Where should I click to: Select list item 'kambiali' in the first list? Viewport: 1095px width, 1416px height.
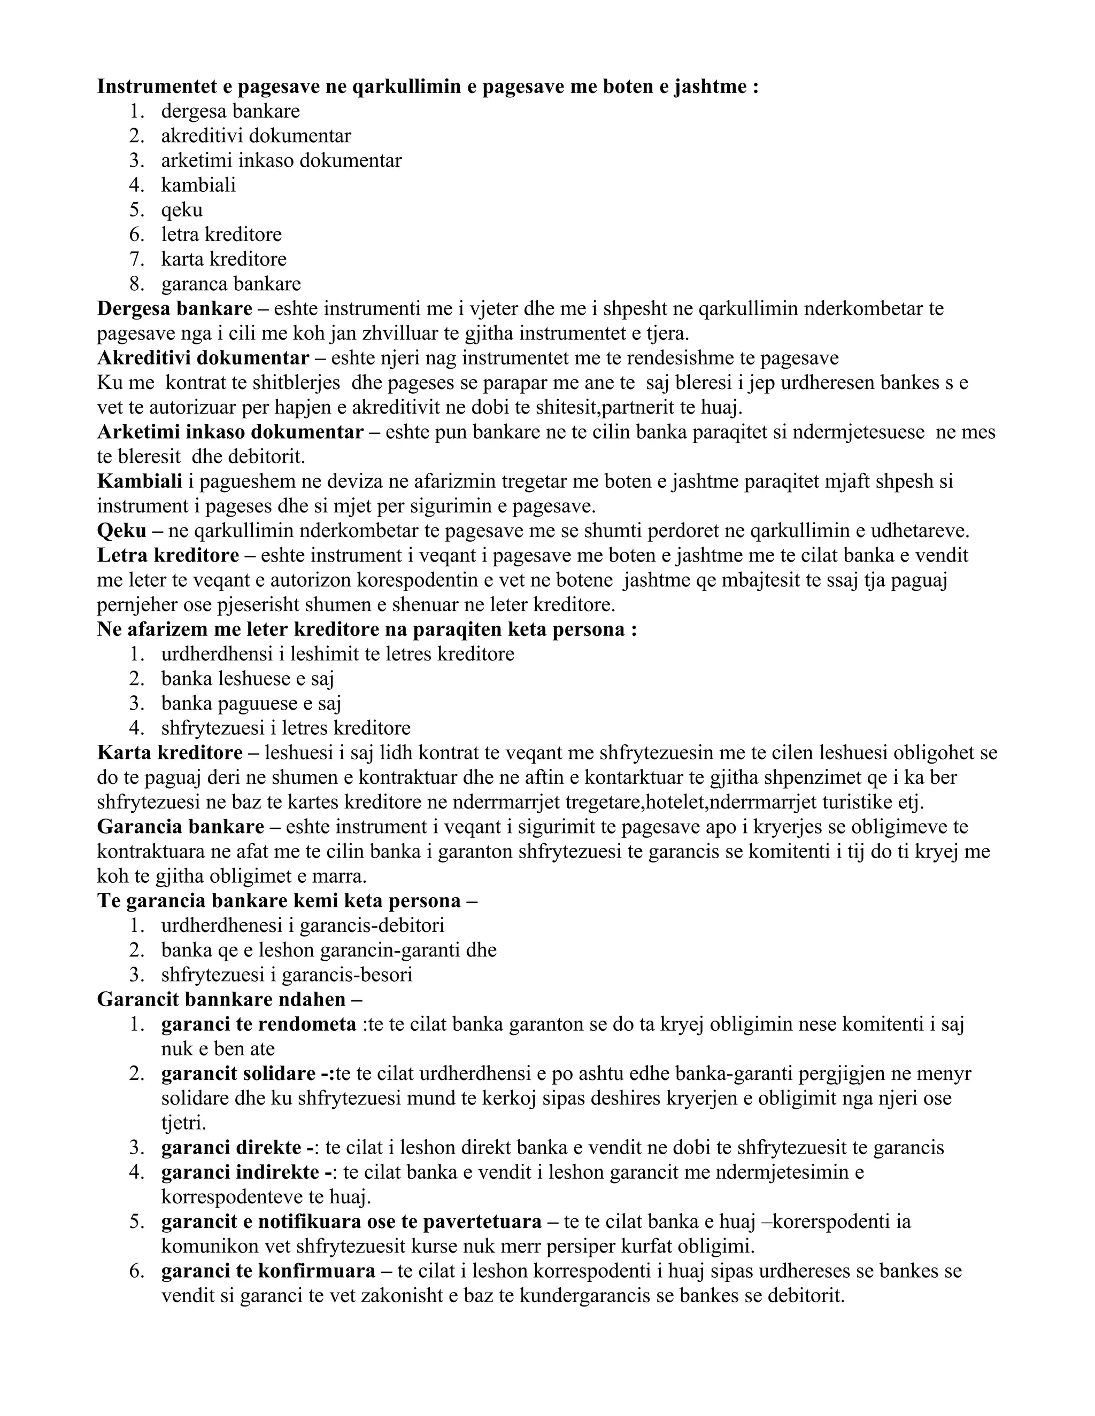198,185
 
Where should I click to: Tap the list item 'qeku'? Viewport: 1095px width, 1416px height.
182,209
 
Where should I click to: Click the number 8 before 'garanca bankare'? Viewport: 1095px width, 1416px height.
136,284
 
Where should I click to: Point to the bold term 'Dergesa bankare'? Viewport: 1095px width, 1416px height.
174,309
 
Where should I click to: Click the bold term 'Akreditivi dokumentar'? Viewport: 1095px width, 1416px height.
203,358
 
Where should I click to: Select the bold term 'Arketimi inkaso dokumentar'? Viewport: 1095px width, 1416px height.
230,432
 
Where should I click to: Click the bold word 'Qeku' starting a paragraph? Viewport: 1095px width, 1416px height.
121,531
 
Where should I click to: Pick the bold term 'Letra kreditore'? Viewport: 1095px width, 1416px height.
168,556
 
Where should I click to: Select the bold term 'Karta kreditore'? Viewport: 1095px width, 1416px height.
170,753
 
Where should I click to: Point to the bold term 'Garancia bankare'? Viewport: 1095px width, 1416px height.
180,827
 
